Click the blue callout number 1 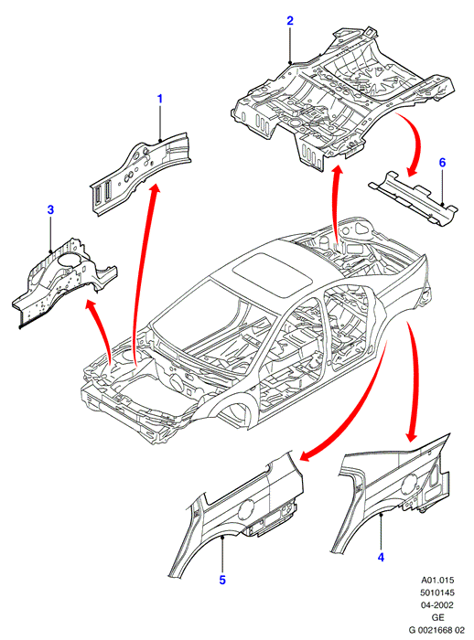pos(160,99)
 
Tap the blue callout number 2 pos(290,20)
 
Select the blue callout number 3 pos(50,209)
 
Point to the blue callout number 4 pos(381,557)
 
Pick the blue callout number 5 pos(222,580)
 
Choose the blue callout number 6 pos(442,163)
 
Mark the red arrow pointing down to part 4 pos(414,379)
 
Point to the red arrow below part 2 pos(337,204)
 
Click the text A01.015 pos(437,580)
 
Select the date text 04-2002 pos(437,605)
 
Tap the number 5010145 pos(437,592)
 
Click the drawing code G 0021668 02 pos(437,630)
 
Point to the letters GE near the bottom pos(437,617)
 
